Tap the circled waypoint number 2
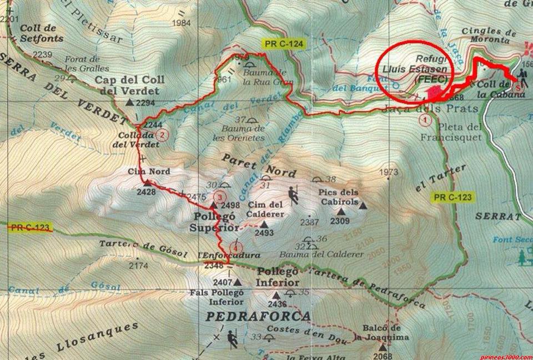click(x=162, y=134)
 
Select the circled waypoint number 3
click(x=220, y=196)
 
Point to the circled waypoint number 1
click(x=426, y=118)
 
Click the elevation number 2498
click(x=229, y=206)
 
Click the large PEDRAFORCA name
click(x=258, y=316)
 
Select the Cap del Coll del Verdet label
click(x=127, y=85)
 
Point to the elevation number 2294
click(x=144, y=103)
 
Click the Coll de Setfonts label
click(x=41, y=33)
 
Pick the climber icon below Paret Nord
click(x=293, y=194)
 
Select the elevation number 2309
click(x=339, y=221)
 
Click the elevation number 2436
click(x=276, y=304)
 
